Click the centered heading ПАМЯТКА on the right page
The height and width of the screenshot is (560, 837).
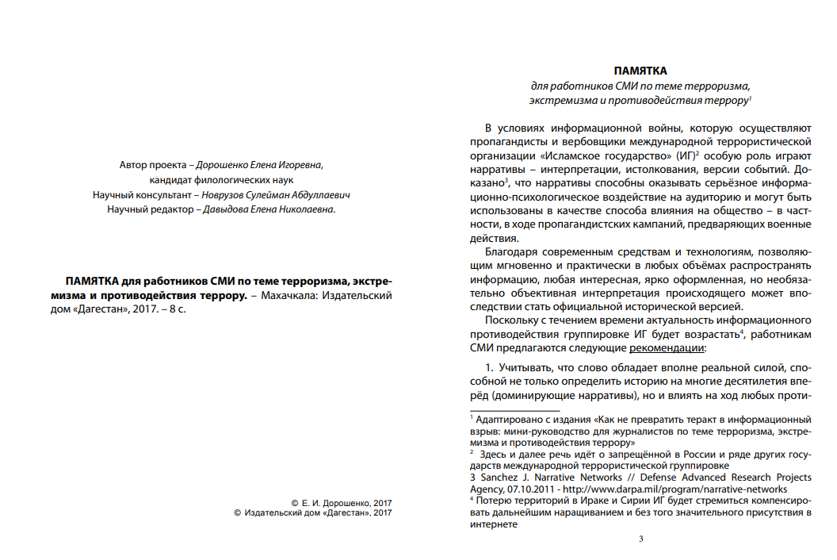(640, 71)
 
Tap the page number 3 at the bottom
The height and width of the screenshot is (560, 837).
(640, 540)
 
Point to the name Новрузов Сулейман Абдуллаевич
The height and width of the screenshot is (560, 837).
(275, 194)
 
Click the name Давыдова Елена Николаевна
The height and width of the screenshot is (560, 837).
(268, 209)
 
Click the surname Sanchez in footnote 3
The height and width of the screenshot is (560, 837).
(497, 478)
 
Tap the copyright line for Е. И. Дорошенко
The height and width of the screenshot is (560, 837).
(342, 503)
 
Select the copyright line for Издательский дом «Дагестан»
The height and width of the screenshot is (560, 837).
(314, 513)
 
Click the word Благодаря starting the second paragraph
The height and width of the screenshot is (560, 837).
(510, 251)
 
